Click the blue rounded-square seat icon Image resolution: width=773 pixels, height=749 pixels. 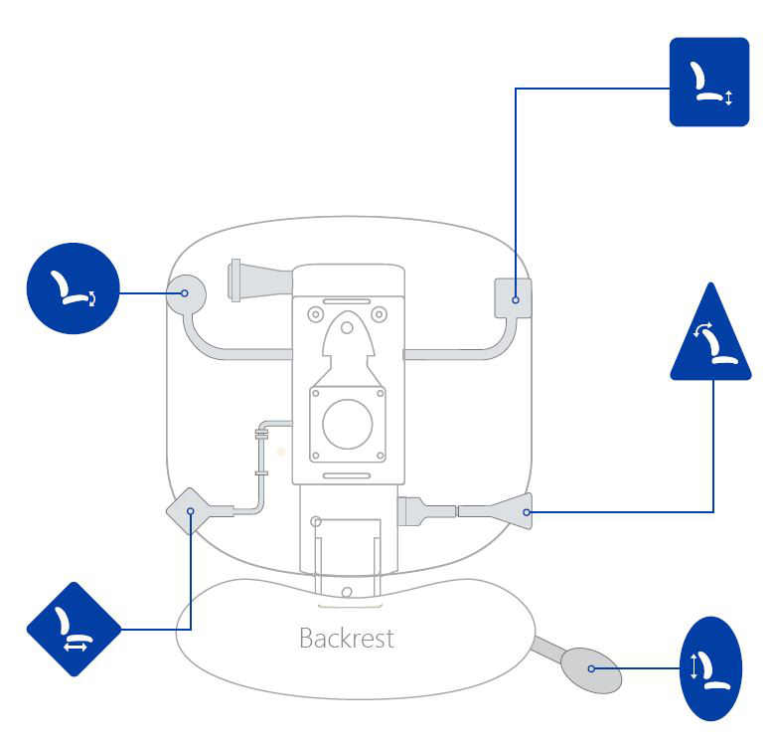click(708, 82)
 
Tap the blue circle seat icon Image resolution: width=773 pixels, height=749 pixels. click(73, 288)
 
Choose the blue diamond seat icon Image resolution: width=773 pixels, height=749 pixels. click(74, 629)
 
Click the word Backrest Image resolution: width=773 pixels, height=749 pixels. click(346, 638)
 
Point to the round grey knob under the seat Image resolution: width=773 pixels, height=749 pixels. click(186, 293)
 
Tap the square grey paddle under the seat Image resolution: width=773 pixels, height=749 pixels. click(514, 297)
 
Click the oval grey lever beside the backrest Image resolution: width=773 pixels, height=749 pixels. click(591, 668)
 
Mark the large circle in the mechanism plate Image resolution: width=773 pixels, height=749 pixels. click(347, 425)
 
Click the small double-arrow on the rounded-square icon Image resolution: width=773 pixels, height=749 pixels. click(728, 97)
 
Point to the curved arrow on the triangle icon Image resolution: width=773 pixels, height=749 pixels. click(702, 329)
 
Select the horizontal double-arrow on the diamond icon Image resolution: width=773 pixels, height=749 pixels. click(77, 646)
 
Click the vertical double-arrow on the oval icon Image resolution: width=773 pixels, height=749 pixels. click(696, 667)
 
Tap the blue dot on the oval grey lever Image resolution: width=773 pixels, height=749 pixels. click(591, 668)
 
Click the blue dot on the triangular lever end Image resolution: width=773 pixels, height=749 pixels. click(527, 512)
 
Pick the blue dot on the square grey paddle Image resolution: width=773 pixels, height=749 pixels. click(516, 298)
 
